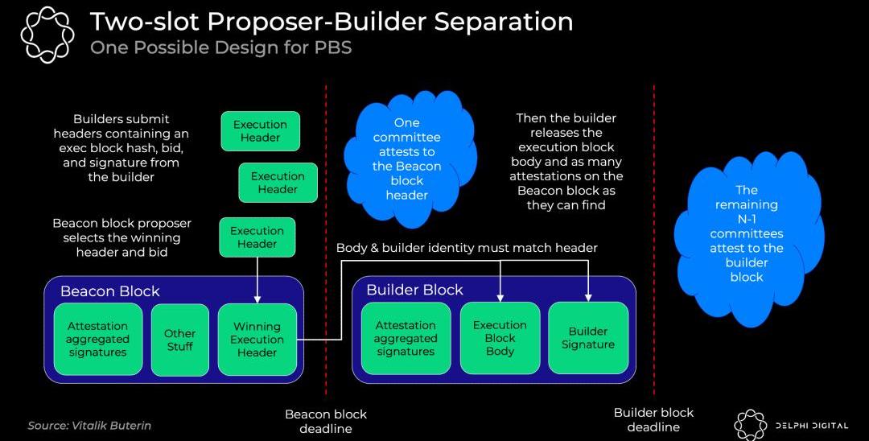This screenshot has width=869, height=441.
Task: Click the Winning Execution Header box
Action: (257, 340)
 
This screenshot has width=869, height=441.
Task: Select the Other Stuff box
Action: (179, 340)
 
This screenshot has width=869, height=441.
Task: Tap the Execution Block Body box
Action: (500, 338)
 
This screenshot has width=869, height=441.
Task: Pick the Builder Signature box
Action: (588, 338)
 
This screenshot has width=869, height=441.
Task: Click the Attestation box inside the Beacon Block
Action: (97, 340)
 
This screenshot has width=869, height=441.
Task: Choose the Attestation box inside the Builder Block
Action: (406, 338)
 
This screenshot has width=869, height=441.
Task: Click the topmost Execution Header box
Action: (260, 131)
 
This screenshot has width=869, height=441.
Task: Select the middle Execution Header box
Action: (278, 183)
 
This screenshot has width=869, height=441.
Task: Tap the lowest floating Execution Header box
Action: (257, 237)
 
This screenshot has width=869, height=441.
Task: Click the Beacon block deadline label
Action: (326, 421)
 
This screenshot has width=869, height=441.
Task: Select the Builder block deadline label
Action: (653, 419)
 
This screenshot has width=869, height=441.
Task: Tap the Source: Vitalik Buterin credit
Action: (89, 425)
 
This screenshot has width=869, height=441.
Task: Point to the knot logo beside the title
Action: (47, 34)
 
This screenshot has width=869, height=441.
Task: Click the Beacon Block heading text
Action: (110, 291)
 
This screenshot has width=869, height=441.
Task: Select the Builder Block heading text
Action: (414, 290)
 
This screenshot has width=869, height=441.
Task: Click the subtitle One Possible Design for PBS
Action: (220, 47)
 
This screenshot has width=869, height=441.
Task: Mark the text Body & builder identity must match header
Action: (467, 248)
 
